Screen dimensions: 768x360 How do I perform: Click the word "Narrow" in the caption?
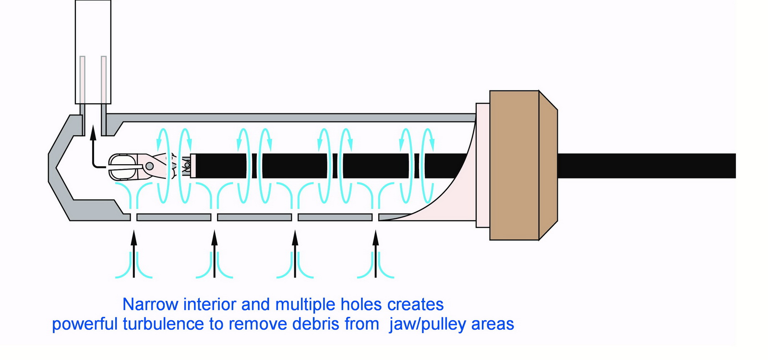(151, 304)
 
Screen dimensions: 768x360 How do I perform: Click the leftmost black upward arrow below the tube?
(134, 254)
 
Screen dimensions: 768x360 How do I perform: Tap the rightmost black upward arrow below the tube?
(375, 254)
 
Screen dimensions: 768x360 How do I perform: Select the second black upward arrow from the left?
(214, 254)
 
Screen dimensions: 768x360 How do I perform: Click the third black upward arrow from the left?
(295, 254)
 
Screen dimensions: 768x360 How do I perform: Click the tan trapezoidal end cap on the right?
(548, 165)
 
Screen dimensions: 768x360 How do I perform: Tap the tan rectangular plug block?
(514, 165)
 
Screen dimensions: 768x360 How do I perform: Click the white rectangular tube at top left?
(93, 51)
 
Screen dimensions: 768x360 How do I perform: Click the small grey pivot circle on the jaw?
(149, 166)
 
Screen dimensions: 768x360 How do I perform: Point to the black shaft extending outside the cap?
(647, 166)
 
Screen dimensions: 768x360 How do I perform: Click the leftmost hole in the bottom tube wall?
(134, 217)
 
